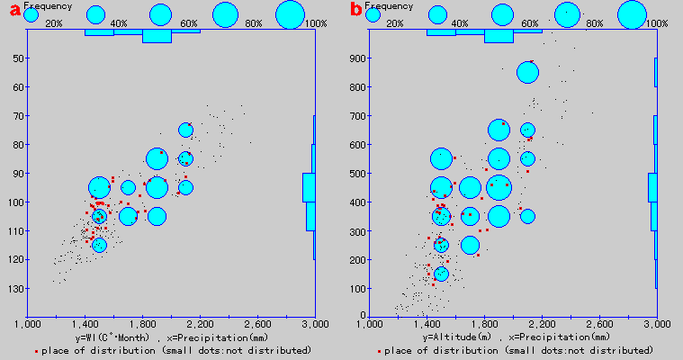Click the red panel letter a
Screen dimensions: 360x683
(x=13, y=11)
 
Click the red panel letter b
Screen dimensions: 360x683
(x=356, y=11)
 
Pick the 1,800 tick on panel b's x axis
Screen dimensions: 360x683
(x=485, y=323)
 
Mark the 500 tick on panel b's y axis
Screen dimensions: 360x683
(x=357, y=174)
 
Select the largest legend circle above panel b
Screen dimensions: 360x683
(x=633, y=14)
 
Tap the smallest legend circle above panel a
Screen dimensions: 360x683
(x=31, y=14)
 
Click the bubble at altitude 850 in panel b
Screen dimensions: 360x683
(x=527, y=73)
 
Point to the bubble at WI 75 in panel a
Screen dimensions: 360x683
(x=185, y=130)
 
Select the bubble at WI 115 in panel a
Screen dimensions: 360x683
(x=99, y=245)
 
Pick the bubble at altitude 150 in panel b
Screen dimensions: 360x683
(x=441, y=274)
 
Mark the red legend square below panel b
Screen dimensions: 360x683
(x=380, y=349)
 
